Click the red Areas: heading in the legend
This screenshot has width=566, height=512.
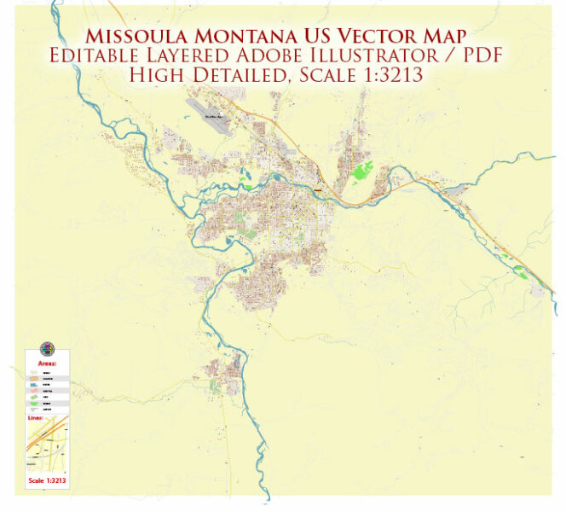click(48, 364)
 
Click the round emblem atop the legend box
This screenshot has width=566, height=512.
click(46, 350)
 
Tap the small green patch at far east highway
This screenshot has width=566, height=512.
click(520, 271)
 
